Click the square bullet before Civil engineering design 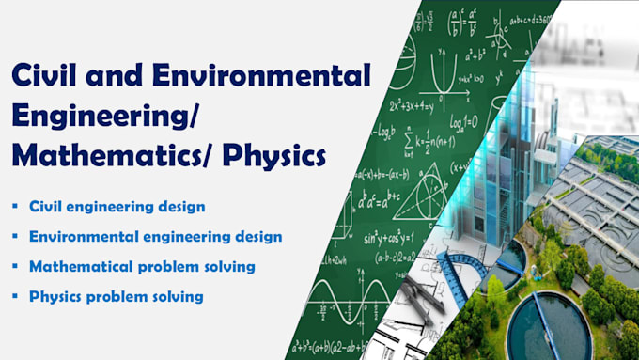15,205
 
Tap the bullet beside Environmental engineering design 15,236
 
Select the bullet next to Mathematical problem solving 15,267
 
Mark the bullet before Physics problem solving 15,297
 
